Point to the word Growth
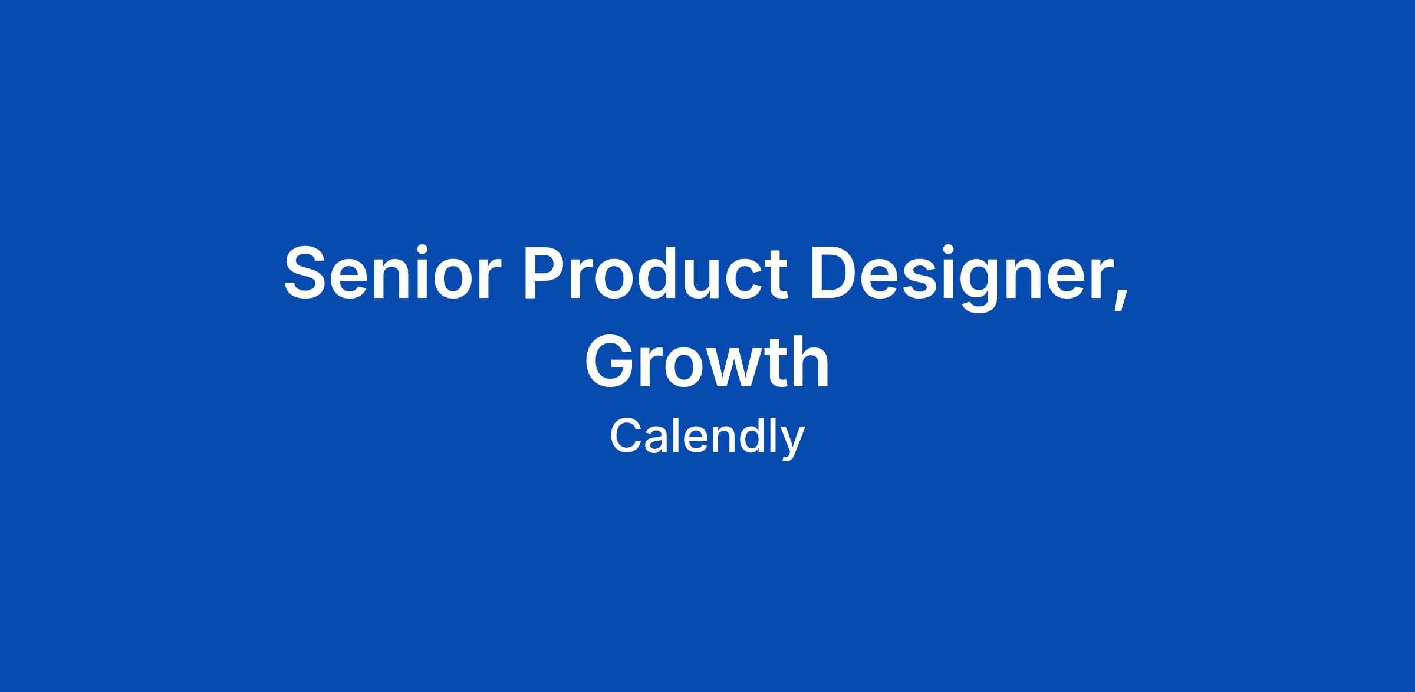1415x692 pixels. [x=707, y=361]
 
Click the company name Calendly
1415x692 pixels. [x=707, y=438]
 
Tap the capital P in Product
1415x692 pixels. [x=545, y=273]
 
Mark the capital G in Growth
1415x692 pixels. [x=610, y=361]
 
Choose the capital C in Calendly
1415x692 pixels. [x=626, y=436]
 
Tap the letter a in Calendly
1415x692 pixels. [x=660, y=441]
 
